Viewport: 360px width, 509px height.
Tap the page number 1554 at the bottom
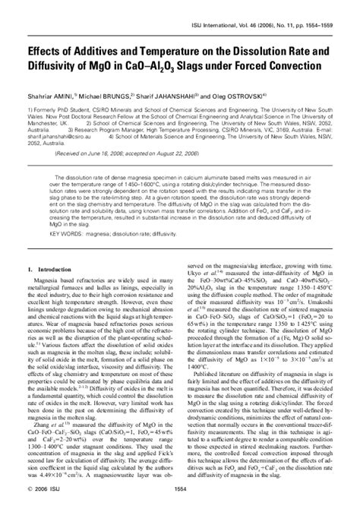click(x=180, y=500)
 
